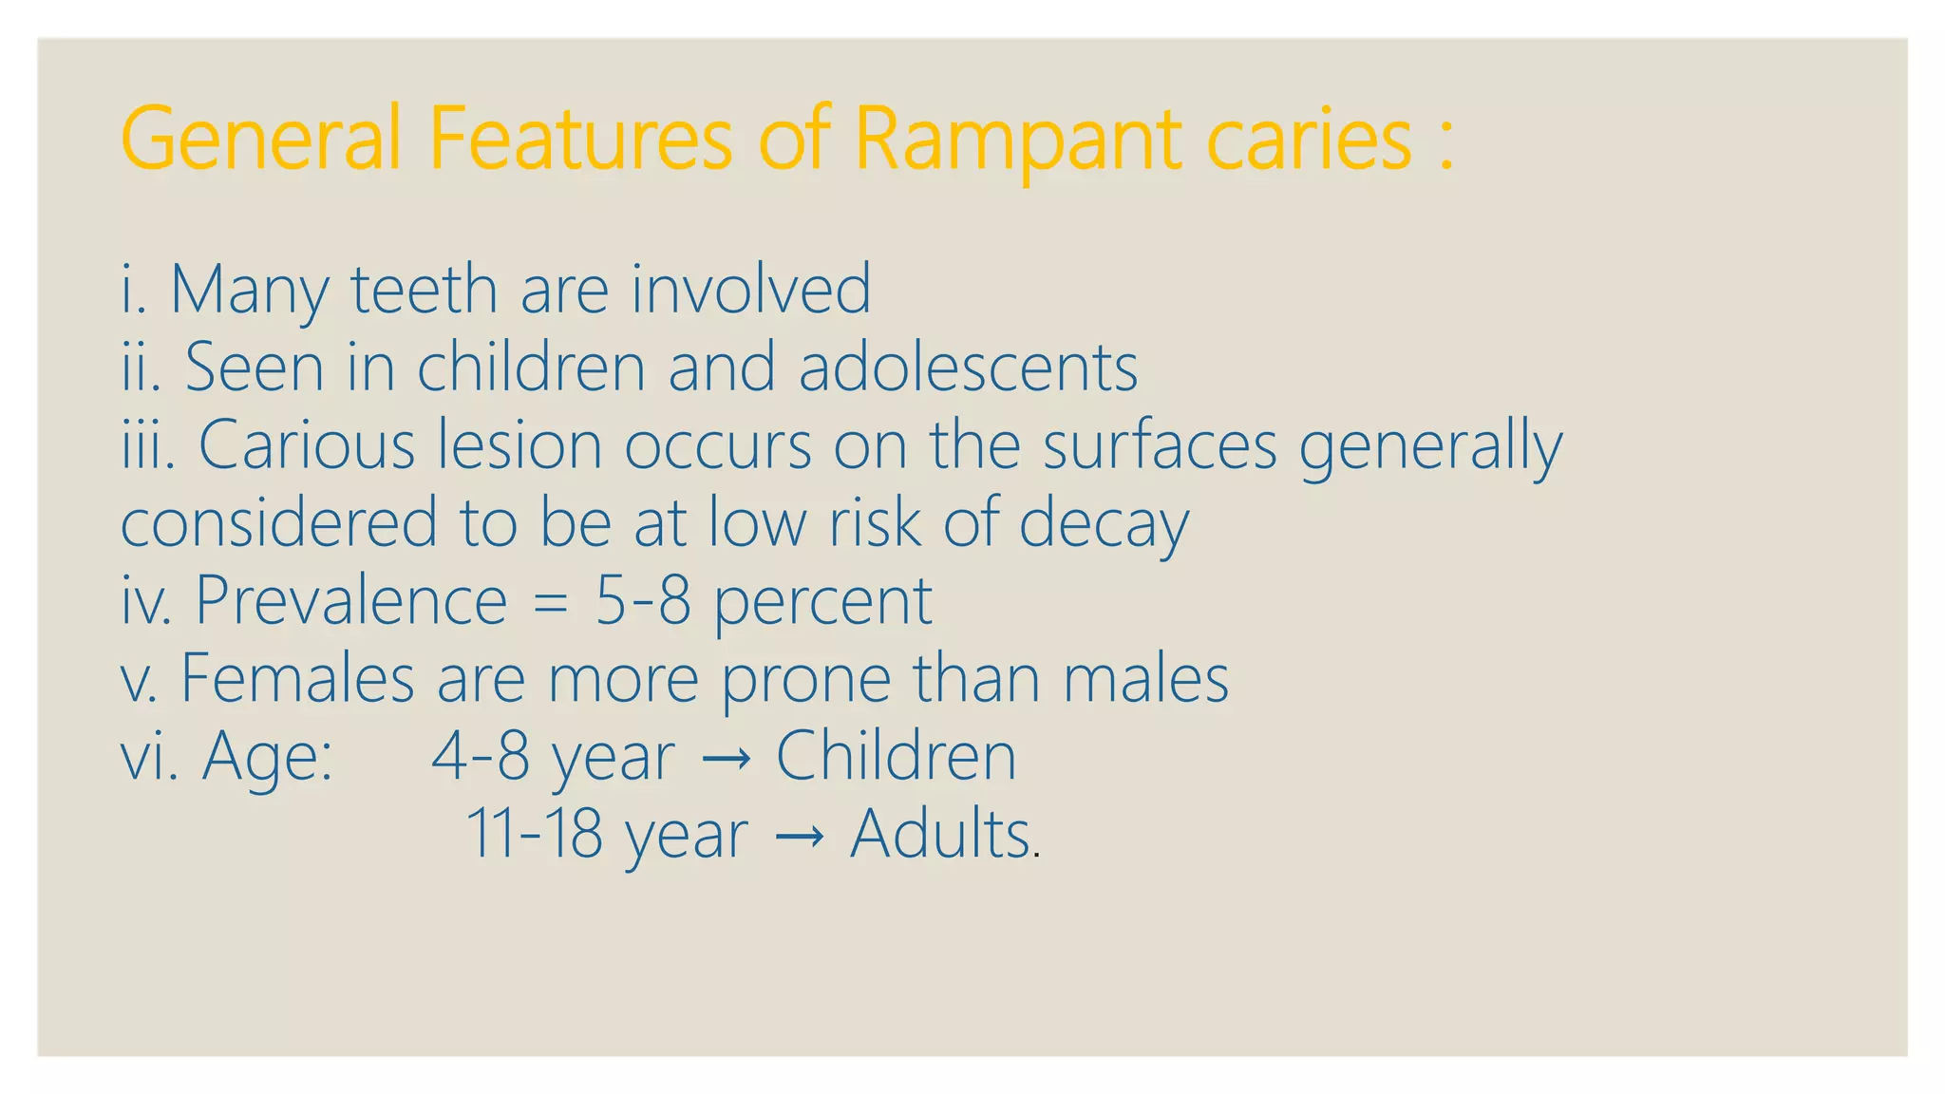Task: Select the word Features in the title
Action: [579, 140]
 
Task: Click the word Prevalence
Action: [350, 601]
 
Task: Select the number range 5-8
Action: [643, 601]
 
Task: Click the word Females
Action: [297, 679]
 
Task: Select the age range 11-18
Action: [534, 835]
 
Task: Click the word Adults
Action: [940, 835]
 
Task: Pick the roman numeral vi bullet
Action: [147, 757]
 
